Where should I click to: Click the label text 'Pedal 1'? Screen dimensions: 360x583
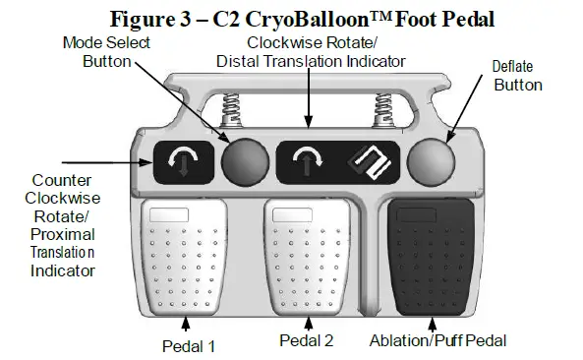(189, 345)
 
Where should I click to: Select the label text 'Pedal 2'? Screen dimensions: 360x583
(307, 340)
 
